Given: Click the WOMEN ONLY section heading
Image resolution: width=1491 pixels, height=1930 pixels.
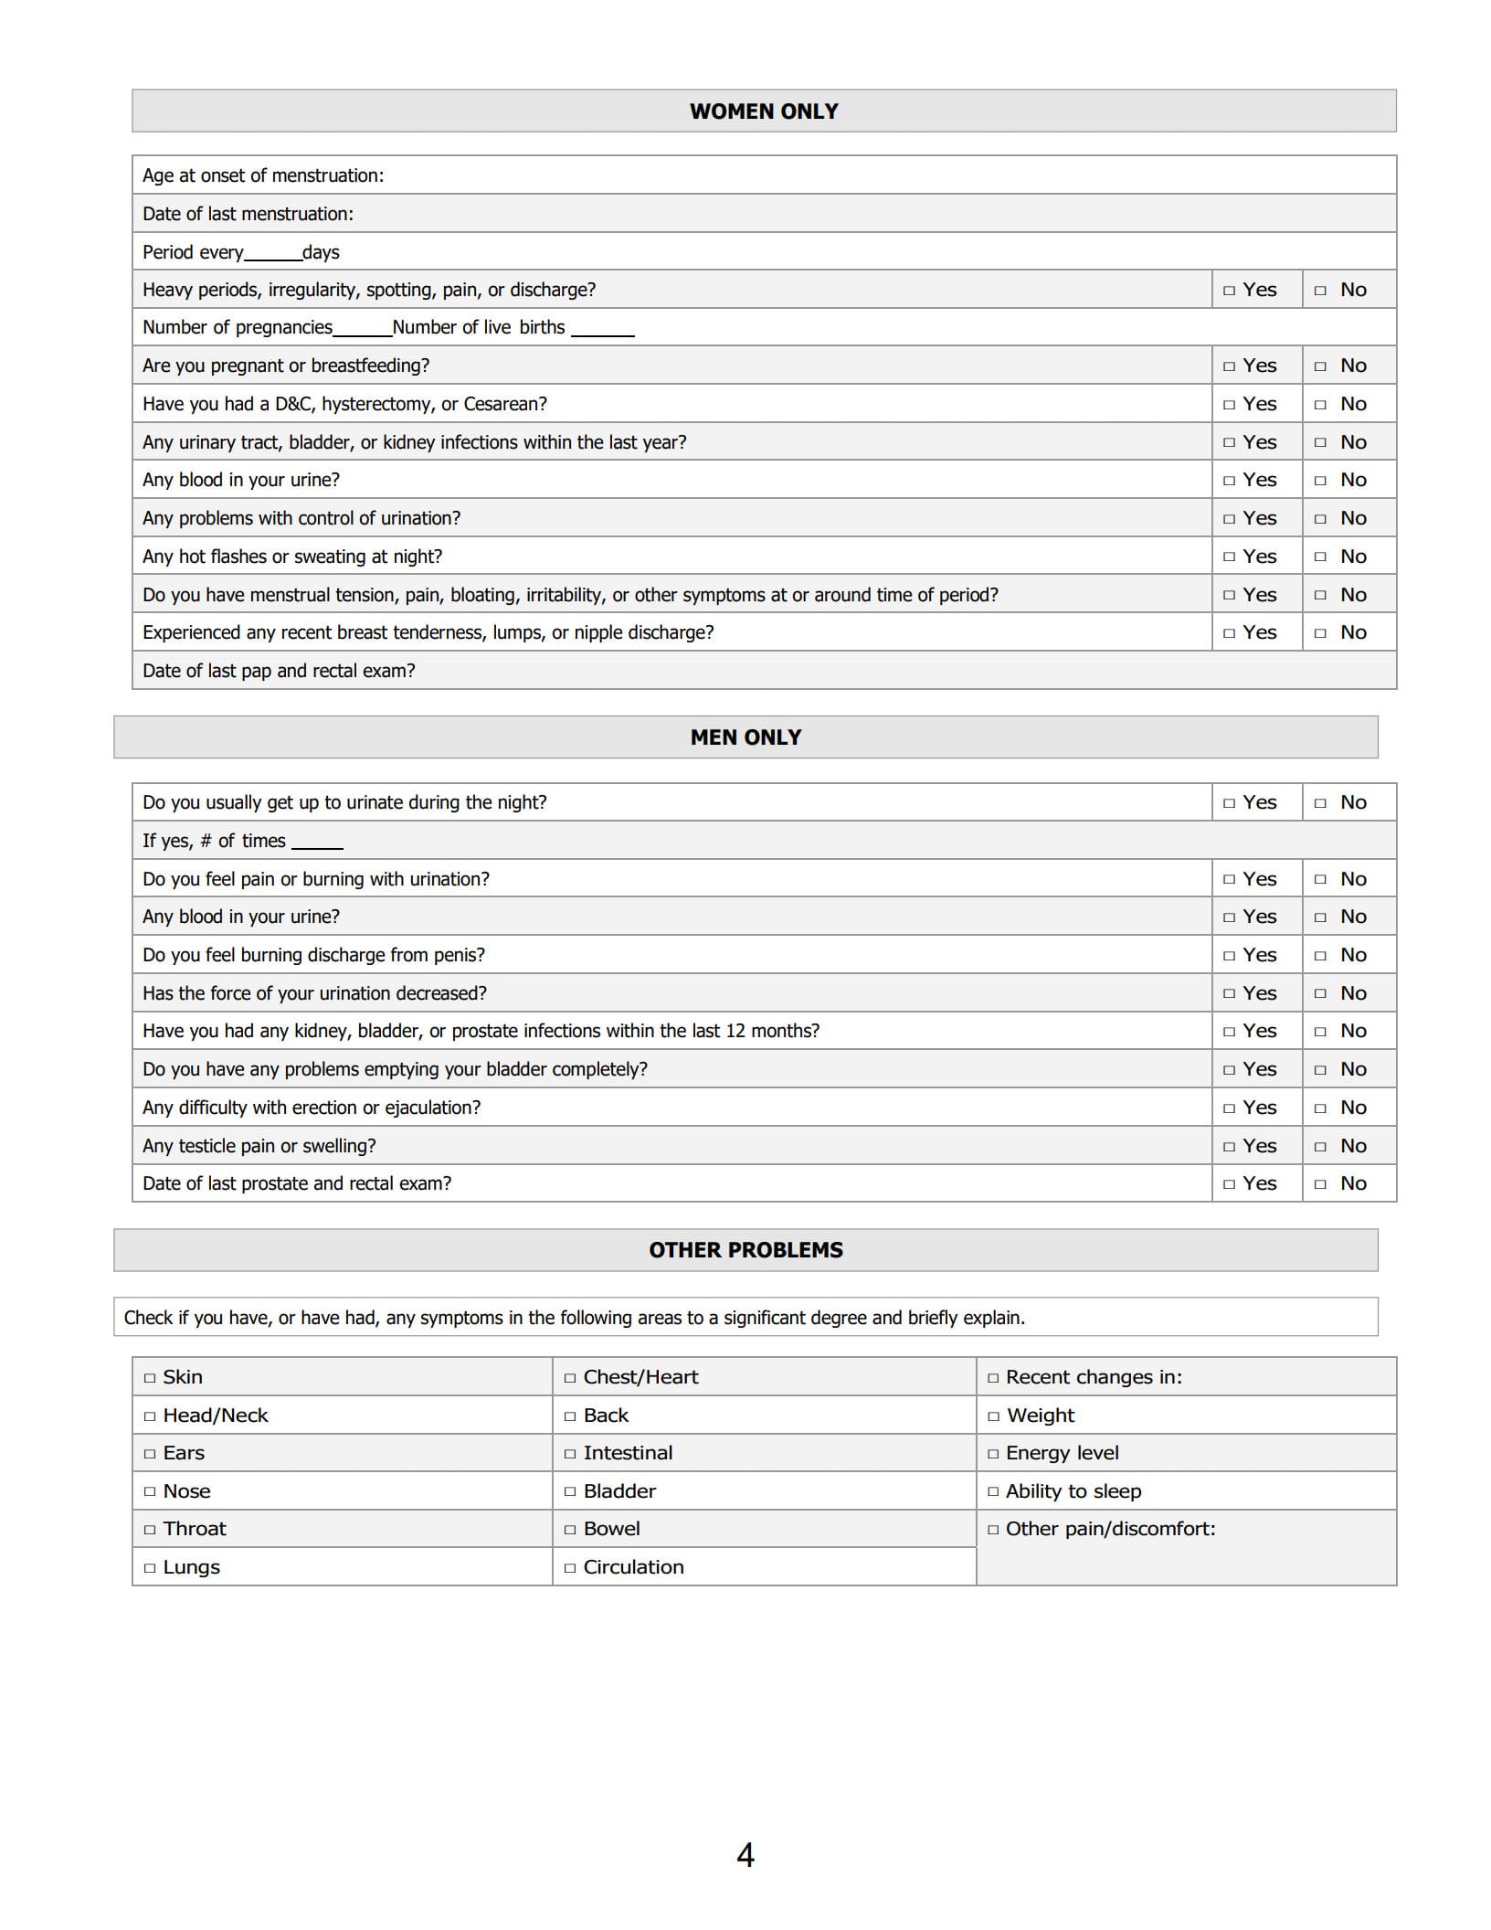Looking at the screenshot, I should tap(764, 111).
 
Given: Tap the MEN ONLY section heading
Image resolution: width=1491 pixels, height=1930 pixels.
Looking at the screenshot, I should tap(745, 737).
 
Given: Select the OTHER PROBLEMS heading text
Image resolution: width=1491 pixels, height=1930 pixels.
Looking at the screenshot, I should tap(745, 1250).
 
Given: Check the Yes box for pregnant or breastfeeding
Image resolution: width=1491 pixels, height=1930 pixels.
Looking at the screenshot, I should tap(1229, 366).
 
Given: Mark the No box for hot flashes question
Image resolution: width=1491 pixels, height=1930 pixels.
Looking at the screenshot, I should tap(1320, 557).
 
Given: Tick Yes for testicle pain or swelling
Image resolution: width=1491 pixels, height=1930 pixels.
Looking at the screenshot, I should tap(1229, 1147).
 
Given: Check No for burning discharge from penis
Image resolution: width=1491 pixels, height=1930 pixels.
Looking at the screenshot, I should tap(1320, 956).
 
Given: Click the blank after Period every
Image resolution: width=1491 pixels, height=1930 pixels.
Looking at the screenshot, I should tap(272, 254).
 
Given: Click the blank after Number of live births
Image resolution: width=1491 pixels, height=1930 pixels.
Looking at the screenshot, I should tap(602, 329).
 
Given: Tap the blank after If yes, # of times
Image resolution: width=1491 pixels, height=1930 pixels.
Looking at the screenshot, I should tap(317, 843).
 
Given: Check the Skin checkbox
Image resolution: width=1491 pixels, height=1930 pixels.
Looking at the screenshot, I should tap(150, 1378).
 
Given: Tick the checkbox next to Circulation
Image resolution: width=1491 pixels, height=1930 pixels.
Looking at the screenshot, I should tap(570, 1568).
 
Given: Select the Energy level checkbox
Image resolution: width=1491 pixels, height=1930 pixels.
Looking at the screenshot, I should tap(993, 1454).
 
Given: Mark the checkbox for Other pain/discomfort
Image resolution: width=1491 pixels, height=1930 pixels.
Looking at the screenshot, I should tap(993, 1530).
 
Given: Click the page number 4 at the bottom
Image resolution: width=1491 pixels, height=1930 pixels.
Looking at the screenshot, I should tap(745, 1855).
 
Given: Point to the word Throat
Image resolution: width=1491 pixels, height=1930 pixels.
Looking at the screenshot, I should tap(194, 1529).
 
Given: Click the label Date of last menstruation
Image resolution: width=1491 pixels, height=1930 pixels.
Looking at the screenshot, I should tap(248, 214).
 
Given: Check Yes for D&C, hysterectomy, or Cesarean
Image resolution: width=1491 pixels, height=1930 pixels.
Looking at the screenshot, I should tap(1229, 405).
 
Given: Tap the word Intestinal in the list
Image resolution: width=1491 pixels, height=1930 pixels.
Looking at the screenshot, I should tap(628, 1453).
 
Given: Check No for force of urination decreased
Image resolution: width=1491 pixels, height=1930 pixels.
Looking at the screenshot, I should tap(1320, 994).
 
